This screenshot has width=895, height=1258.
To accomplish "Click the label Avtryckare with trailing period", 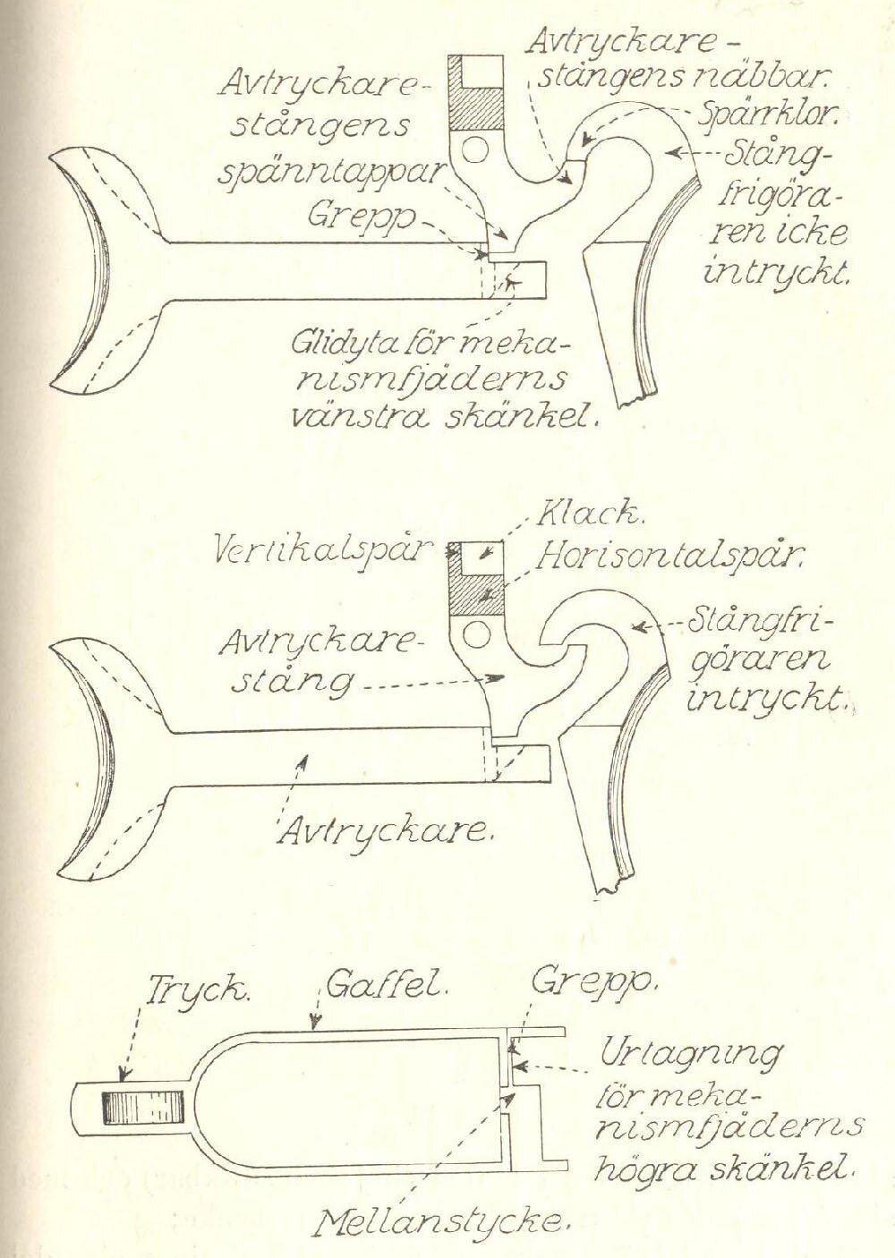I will click(387, 831).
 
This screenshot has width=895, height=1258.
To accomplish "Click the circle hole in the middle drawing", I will click(474, 635).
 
